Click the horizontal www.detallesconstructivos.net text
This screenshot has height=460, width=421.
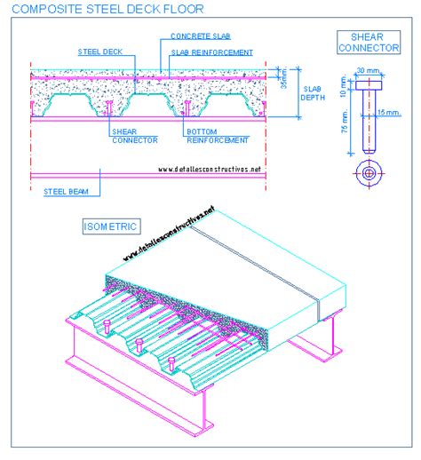[210, 169]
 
